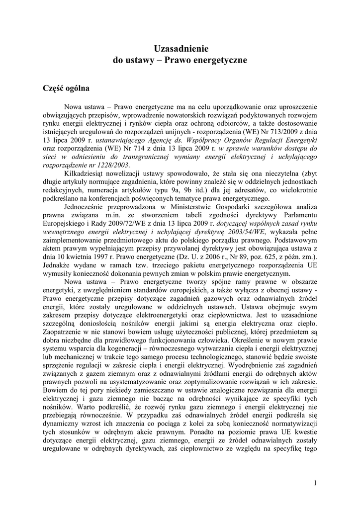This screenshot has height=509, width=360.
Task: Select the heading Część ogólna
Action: pos(67,89)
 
